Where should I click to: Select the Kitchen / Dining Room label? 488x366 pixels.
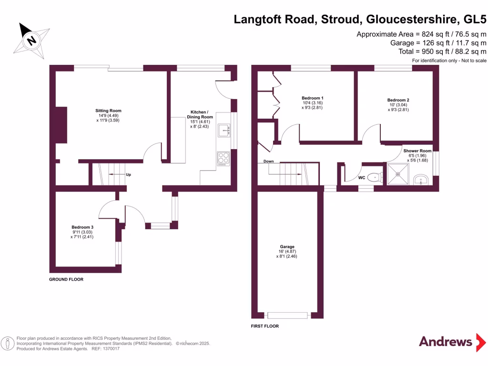coord(199,117)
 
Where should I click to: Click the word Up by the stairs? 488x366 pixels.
coord(128,175)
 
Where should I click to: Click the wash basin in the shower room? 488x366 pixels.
coord(421,179)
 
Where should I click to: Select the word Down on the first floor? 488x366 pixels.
coord(268,162)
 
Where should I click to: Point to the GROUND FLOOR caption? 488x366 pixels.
coord(66,279)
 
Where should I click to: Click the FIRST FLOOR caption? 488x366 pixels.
coord(264,326)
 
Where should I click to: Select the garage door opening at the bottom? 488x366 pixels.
coord(287,315)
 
